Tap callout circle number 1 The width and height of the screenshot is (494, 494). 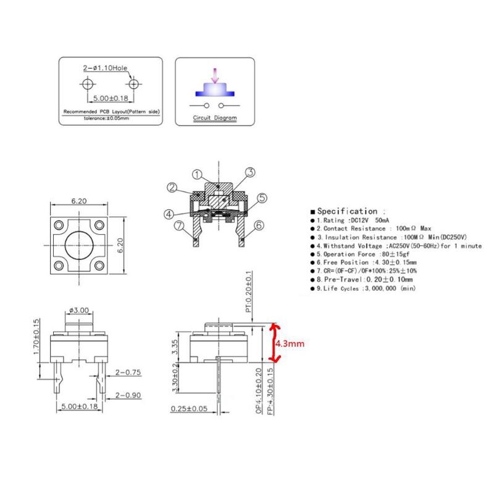[198, 175]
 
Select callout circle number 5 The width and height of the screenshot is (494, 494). [261, 198]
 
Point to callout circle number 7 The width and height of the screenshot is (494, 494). [180, 225]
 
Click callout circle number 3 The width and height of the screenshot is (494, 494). [250, 172]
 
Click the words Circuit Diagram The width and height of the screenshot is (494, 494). [212, 117]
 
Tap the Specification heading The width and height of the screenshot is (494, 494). [347, 211]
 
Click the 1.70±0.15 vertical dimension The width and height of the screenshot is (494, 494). [36, 338]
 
